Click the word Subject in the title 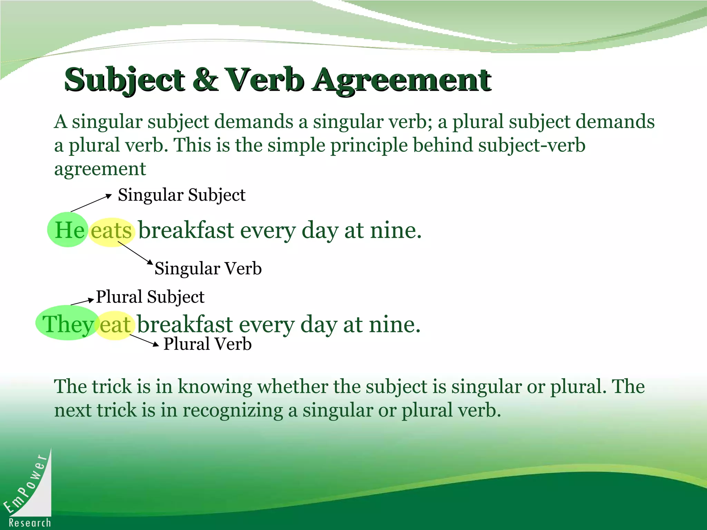[x=124, y=80]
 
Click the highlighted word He [x=69, y=230]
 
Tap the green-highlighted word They [x=68, y=324]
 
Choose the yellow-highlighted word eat [x=115, y=325]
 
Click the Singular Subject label [x=182, y=195]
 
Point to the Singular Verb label [x=208, y=268]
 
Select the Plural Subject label [x=150, y=297]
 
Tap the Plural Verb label [x=207, y=344]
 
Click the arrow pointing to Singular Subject [x=91, y=203]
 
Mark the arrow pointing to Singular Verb [x=135, y=253]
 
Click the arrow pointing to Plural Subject [x=82, y=302]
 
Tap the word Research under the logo [x=30, y=523]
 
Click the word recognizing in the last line [x=233, y=410]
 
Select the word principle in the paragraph [x=369, y=145]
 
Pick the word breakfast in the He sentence [x=186, y=230]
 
